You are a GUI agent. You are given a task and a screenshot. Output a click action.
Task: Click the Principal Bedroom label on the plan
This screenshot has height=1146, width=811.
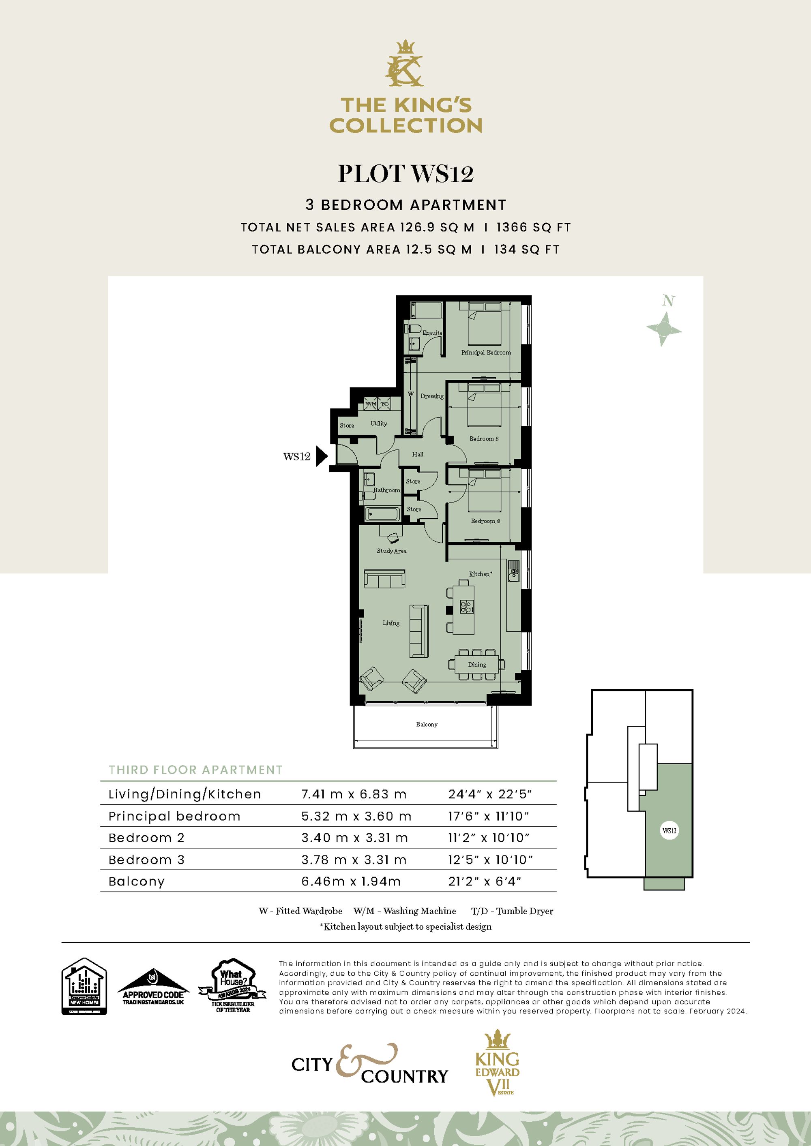(485, 353)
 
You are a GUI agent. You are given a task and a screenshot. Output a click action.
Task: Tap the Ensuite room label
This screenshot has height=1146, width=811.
(432, 333)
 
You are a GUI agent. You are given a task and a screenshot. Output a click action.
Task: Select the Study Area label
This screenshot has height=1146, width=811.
(392, 551)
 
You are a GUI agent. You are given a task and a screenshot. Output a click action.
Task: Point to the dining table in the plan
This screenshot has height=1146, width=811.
(477, 664)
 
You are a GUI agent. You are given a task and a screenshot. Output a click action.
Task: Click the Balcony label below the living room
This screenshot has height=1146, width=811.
(427, 724)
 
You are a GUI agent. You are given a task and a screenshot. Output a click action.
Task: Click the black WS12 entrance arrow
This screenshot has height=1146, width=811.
(322, 456)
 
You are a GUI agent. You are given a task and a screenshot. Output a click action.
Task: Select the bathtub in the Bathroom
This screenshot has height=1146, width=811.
(383, 513)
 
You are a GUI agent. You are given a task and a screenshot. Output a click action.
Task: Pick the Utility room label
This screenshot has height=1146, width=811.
(378, 423)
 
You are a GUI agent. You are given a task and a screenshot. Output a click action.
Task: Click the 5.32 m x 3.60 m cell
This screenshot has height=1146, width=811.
(356, 816)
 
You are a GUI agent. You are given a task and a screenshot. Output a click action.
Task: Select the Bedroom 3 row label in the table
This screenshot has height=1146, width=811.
(146, 859)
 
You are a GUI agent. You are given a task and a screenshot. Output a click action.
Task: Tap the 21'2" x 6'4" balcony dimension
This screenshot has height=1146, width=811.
(484, 881)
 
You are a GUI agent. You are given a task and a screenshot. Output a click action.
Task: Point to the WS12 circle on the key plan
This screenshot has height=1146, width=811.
(669, 831)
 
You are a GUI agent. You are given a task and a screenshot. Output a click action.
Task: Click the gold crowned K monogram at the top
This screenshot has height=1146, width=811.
(405, 65)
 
